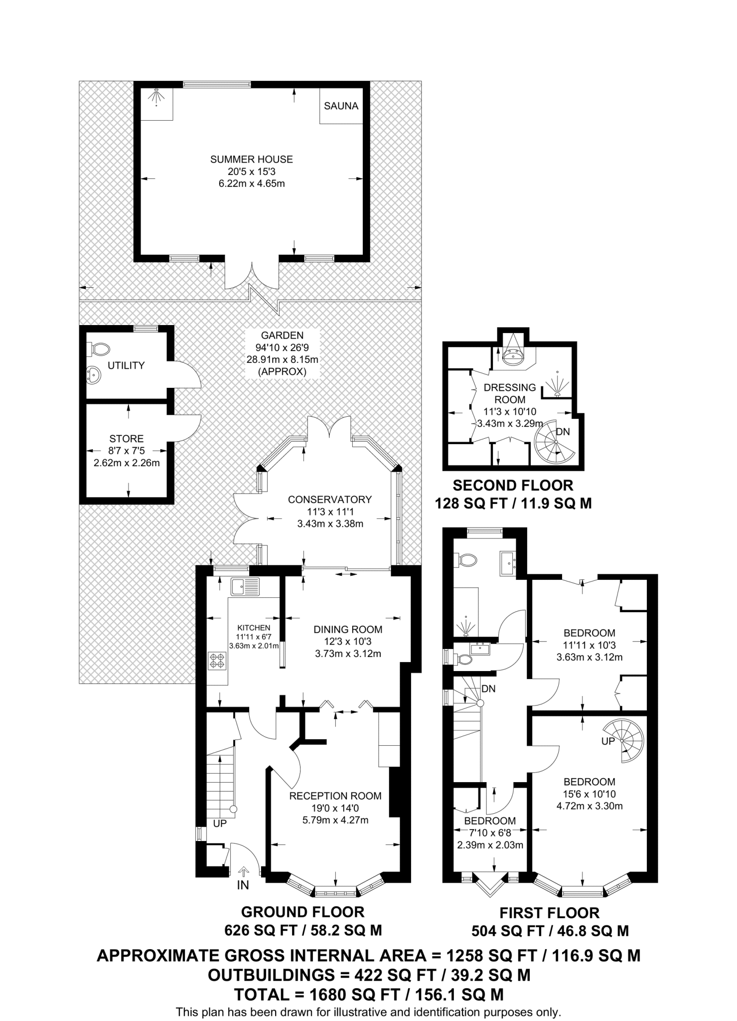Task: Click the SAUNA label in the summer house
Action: [341, 106]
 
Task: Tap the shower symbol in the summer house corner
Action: [157, 97]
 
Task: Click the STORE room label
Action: [127, 439]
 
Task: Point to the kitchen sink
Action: [245, 586]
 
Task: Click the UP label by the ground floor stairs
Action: [220, 824]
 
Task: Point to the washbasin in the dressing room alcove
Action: [512, 356]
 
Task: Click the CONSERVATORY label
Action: [330, 500]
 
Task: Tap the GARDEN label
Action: [282, 336]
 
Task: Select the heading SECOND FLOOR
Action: [513, 485]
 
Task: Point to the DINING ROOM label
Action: [348, 630]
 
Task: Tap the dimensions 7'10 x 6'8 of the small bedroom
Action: [490, 833]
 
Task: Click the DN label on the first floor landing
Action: [488, 688]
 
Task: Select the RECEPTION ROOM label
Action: [335, 796]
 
